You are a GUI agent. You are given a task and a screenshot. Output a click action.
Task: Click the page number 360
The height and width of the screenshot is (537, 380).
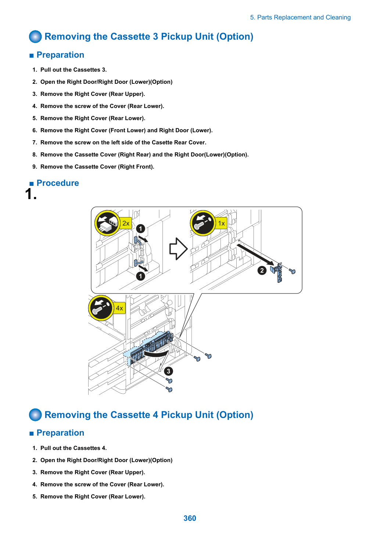(190, 518)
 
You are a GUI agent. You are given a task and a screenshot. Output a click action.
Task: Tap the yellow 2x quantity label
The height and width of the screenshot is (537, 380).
(126, 223)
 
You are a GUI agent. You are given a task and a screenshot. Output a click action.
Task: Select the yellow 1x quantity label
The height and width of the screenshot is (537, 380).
(221, 223)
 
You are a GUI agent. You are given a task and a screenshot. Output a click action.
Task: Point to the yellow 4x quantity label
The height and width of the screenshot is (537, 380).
(119, 308)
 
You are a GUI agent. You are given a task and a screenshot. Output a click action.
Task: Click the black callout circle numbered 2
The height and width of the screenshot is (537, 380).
(262, 270)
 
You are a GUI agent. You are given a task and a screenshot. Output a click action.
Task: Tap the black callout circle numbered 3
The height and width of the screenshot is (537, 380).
(168, 371)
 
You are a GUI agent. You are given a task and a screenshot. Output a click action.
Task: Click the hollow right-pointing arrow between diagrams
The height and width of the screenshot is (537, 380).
(178, 249)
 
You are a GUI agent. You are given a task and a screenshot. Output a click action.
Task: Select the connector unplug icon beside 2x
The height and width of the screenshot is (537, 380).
(107, 223)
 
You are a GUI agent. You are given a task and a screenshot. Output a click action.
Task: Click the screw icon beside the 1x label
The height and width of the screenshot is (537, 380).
(203, 223)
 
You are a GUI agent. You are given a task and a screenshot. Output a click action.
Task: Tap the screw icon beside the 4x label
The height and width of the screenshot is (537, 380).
(101, 308)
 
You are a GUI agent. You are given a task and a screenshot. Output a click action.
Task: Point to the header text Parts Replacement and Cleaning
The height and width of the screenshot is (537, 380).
(304, 17)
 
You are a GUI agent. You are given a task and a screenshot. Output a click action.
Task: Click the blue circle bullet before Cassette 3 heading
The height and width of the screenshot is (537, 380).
(35, 36)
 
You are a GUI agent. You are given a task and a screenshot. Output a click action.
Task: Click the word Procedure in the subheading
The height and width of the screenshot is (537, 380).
(58, 183)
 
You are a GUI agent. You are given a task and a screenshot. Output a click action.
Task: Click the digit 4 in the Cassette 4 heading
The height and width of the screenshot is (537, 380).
(155, 415)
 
